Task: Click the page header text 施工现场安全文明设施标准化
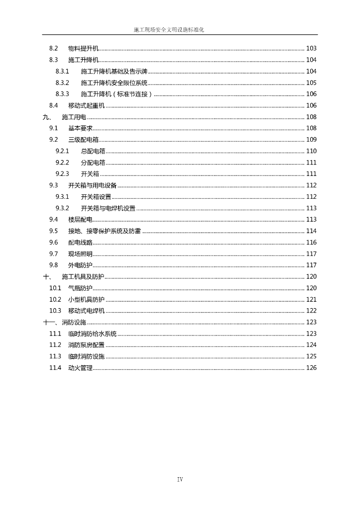tap(169, 30)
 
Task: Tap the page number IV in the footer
tap(180, 480)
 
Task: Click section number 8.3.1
tap(62, 72)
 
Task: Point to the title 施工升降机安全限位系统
tap(114, 83)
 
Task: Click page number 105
tap(311, 83)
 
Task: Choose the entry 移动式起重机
tap(87, 105)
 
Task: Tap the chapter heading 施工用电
tap(74, 117)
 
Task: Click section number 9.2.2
tap(62, 163)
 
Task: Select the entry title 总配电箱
tap(93, 151)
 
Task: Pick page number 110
tap(311, 151)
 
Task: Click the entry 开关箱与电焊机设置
tap(108, 208)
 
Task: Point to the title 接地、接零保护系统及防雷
tap(104, 231)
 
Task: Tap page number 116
tap(311, 243)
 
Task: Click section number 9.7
tap(54, 254)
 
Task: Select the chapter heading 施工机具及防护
tap(83, 277)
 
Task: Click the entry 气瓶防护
tap(80, 288)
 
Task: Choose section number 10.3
tap(55, 311)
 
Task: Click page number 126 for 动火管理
tap(311, 368)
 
